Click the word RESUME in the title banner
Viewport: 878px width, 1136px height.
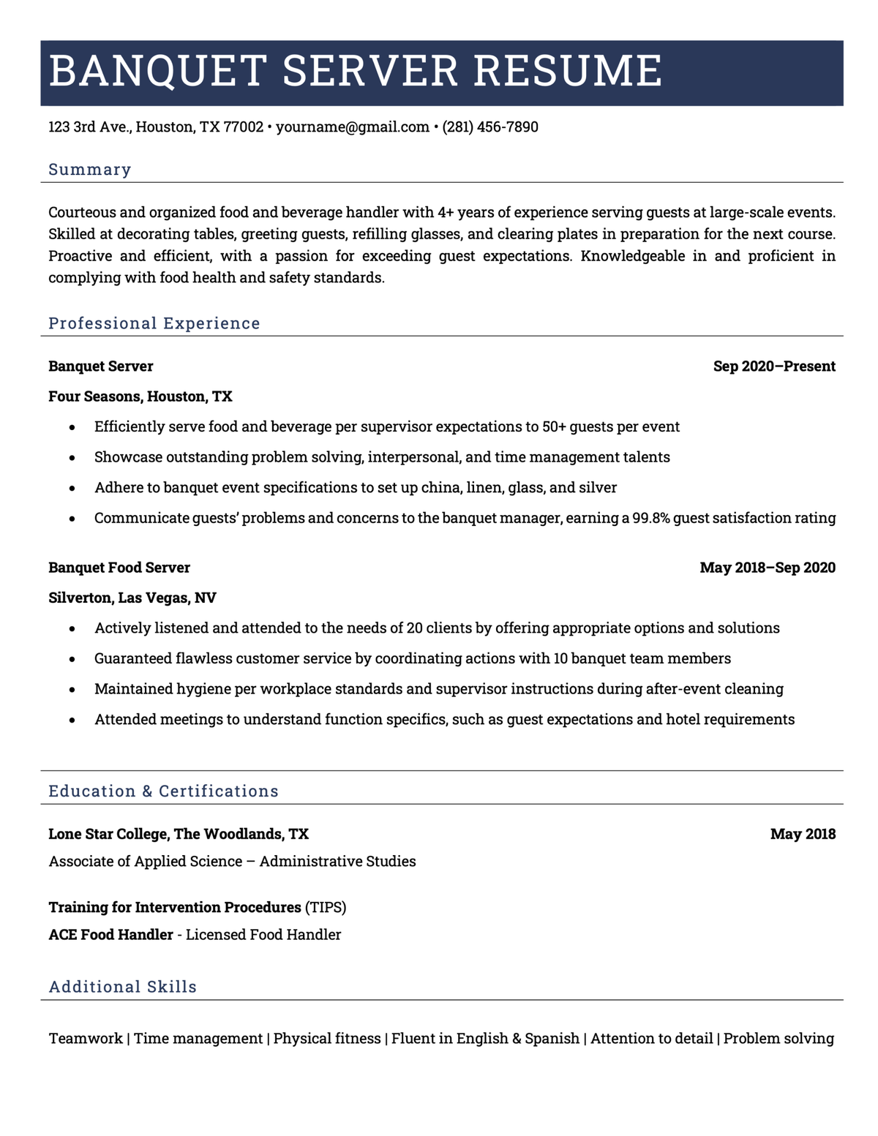coord(568,71)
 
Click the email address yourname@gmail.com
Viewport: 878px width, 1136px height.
coord(353,127)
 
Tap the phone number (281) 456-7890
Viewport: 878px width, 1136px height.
coord(490,127)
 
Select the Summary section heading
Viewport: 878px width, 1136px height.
coord(90,170)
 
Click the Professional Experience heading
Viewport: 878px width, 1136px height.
coord(154,323)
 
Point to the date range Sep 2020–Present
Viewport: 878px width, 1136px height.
coord(774,366)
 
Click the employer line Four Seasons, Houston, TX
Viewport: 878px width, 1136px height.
coord(140,396)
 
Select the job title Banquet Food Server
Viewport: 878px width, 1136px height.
coord(119,568)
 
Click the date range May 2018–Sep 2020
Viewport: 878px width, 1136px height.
coord(768,568)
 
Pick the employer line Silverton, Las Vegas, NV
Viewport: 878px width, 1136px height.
coord(132,598)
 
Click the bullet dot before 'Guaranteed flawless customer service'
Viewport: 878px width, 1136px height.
coord(72,659)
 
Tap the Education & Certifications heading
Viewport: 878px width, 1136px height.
coord(163,791)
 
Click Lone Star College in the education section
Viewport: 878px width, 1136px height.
coord(109,834)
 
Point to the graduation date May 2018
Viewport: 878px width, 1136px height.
coord(803,834)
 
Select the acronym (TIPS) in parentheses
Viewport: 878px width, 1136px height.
coord(326,908)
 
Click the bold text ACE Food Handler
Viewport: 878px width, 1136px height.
coord(111,935)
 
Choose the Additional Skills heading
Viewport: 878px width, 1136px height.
coord(123,987)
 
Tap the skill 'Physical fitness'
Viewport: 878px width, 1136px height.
coord(327,1039)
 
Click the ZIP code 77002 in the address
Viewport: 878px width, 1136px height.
coord(243,127)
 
